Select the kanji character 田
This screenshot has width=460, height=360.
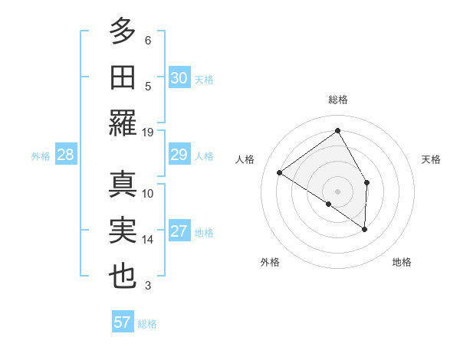[x=123, y=77]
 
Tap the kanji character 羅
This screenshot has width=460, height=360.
[x=123, y=123]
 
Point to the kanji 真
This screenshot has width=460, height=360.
[x=123, y=185]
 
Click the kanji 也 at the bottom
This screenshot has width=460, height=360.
[x=123, y=277]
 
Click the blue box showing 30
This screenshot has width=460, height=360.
[x=179, y=77]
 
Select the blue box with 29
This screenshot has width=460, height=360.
[x=179, y=155]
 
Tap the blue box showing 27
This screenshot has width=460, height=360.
[x=179, y=232]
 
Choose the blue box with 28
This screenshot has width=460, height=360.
[x=66, y=155]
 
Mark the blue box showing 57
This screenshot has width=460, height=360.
[x=122, y=322]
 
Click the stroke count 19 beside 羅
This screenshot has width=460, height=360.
[x=148, y=132]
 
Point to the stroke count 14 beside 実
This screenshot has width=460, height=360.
[x=148, y=240]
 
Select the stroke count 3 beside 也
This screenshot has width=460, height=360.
[x=148, y=286]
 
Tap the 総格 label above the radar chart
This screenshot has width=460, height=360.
[x=337, y=100]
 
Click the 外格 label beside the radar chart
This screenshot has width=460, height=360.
[x=270, y=262]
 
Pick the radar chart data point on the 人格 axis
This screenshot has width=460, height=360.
[x=280, y=172]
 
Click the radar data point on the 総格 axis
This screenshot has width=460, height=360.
[x=337, y=131]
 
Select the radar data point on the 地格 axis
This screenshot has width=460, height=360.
[x=365, y=229]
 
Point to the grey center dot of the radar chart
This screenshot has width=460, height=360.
[x=337, y=191]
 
